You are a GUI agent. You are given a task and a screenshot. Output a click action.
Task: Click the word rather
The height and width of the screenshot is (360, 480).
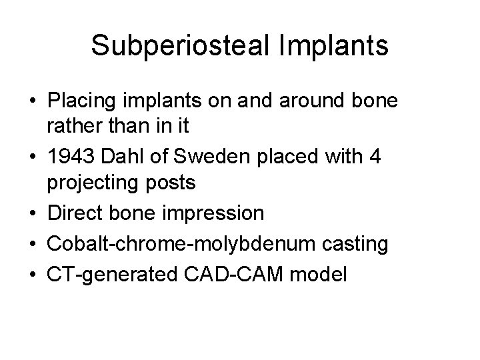coord(74,126)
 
